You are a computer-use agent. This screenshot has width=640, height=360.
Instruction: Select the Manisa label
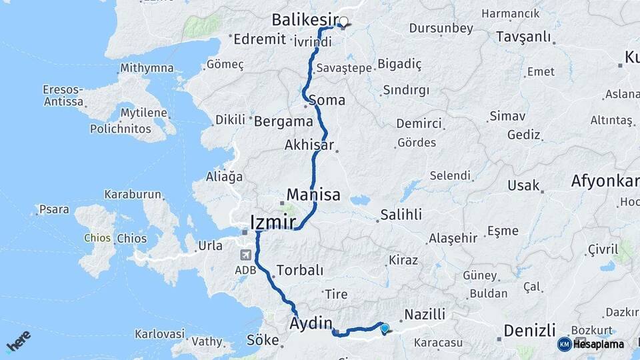[313, 195]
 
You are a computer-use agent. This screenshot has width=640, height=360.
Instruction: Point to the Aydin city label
[311, 324]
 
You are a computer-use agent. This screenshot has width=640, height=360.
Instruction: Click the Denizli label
[529, 330]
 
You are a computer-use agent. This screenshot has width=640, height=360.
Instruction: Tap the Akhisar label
[309, 145]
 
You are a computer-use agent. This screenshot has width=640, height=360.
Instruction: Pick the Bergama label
[283, 121]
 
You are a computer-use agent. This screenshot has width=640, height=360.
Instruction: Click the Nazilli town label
[424, 313]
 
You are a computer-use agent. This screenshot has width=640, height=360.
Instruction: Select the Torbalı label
[299, 270]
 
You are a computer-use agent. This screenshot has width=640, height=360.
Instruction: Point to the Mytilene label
[145, 113]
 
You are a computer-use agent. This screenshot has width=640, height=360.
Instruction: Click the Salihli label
[401, 215]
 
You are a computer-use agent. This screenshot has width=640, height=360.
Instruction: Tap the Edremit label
[259, 39]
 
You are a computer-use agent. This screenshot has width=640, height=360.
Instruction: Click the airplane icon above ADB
[245, 255]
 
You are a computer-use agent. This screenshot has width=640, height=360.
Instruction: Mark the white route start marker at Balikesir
[344, 21]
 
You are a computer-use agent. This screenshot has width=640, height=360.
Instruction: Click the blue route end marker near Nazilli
[384, 327]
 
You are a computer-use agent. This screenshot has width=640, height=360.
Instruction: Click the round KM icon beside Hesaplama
[565, 344]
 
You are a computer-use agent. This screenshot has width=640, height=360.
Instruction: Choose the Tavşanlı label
[523, 37]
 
